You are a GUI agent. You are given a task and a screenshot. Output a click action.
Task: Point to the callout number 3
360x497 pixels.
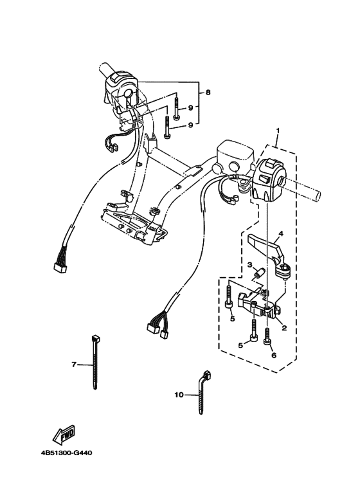[x=249, y=265]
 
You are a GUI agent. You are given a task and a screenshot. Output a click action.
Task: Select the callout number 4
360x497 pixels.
[x=280, y=233]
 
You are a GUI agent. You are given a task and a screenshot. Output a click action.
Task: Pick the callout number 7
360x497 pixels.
[x=74, y=365]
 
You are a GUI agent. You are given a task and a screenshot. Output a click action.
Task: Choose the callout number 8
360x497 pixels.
[x=207, y=93]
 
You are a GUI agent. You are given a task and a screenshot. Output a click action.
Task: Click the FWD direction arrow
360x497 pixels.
[x=62, y=437]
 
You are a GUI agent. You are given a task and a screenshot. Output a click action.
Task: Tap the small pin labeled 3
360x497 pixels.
[x=258, y=275]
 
